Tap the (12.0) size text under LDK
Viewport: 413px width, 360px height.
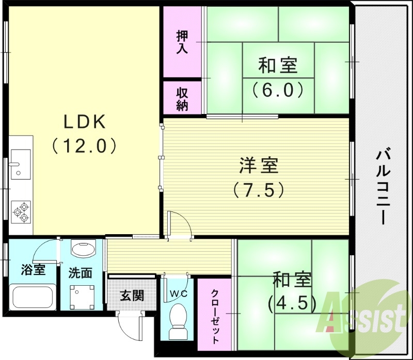(x=85, y=146)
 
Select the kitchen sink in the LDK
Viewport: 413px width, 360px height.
(x=21, y=163)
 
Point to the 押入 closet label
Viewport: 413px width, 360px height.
(x=182, y=42)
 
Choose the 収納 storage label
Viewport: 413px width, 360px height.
(x=182, y=98)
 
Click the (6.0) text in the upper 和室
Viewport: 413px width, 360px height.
(x=278, y=90)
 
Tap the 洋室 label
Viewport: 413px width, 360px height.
(x=258, y=166)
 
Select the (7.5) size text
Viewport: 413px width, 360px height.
(x=258, y=190)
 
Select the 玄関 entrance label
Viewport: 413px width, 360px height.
(x=132, y=296)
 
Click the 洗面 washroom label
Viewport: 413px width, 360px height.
(x=81, y=272)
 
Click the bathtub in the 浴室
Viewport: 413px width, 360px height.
(x=32, y=298)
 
